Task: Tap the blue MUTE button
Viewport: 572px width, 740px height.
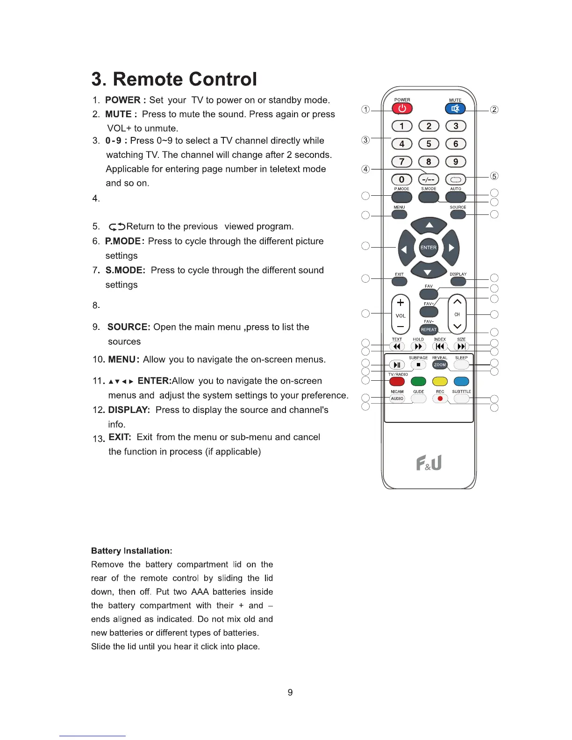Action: [455, 109]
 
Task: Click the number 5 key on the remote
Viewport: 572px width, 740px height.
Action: [429, 144]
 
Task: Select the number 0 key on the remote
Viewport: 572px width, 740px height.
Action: [401, 179]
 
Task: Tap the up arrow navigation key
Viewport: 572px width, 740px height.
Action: [429, 226]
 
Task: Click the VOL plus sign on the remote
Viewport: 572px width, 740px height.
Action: [400, 303]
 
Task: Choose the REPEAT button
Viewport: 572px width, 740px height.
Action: [429, 329]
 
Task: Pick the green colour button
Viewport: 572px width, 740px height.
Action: [418, 382]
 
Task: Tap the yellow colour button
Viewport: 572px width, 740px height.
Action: [440, 382]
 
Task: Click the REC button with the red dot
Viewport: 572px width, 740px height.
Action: [440, 398]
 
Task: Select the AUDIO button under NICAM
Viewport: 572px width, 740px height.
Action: [397, 398]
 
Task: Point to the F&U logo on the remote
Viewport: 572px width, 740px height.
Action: [429, 463]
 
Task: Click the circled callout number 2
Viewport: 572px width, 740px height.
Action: [494, 110]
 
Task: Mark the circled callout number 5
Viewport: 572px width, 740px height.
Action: [494, 176]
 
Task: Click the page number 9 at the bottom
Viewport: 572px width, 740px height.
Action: [290, 692]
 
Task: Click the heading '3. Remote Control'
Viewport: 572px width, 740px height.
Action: [174, 79]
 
